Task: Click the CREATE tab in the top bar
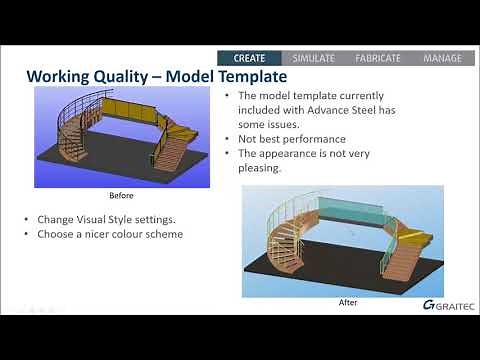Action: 248,58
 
